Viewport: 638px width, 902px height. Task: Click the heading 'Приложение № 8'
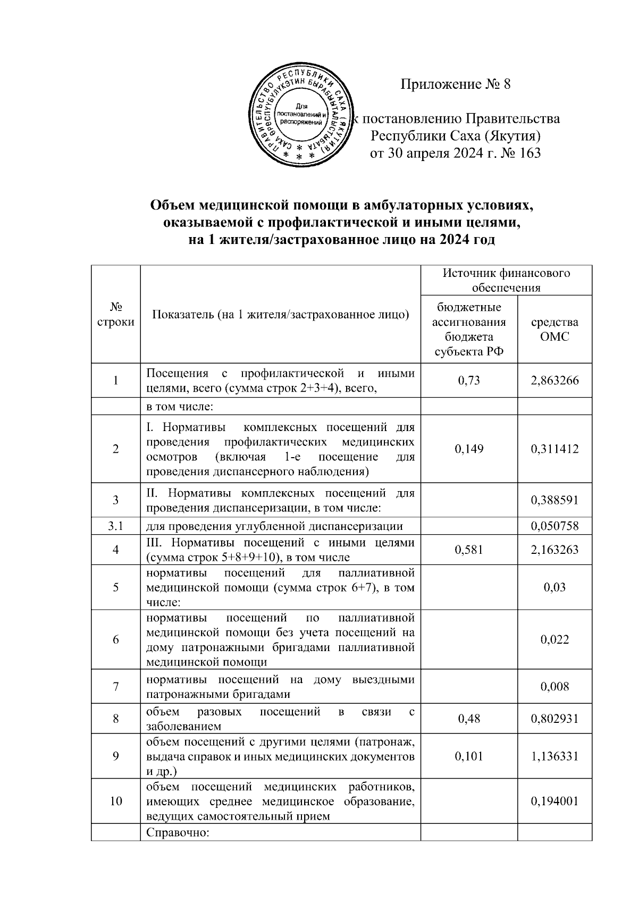click(x=455, y=84)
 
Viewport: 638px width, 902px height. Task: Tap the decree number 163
click(x=529, y=154)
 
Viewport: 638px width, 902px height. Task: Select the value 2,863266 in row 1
click(x=555, y=381)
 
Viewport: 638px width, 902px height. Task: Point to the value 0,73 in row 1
click(x=468, y=381)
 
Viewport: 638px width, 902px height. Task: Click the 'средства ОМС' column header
click(x=555, y=330)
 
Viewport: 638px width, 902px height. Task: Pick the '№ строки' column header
click(x=115, y=315)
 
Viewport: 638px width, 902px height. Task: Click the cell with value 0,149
click(x=468, y=449)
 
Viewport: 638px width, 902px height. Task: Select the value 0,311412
click(x=555, y=449)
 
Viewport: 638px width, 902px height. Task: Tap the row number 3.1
click(x=115, y=526)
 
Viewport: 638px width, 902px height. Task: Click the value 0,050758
click(x=555, y=526)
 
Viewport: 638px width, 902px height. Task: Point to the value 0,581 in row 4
click(x=468, y=550)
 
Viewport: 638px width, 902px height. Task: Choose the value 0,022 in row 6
click(x=555, y=639)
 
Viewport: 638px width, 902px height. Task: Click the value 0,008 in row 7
click(x=555, y=687)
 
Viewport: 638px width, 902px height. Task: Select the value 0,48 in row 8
click(x=468, y=719)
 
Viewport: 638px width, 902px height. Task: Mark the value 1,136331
click(x=555, y=756)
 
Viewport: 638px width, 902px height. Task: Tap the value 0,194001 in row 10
click(x=555, y=802)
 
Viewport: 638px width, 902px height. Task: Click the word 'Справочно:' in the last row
click(x=178, y=833)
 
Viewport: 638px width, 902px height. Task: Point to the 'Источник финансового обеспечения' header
click(x=506, y=280)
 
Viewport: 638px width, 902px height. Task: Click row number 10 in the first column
click(x=115, y=802)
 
